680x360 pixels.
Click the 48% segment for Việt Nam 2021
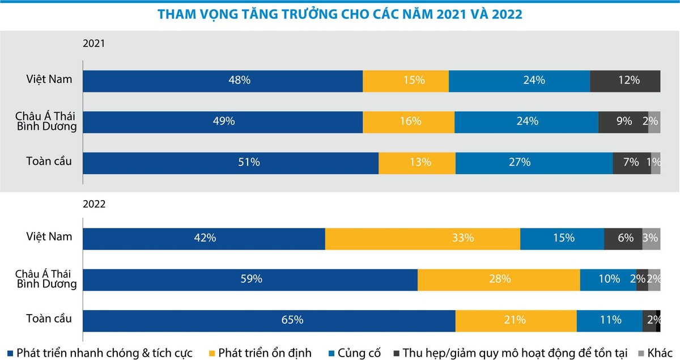223,81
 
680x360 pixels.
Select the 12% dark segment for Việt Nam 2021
625,81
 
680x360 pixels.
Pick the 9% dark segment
623,121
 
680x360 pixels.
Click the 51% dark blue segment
231,163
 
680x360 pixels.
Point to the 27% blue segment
534,163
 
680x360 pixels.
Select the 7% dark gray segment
631,163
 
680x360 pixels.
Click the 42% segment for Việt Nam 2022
204,238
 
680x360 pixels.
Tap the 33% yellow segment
423,238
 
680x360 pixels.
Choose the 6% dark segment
623,238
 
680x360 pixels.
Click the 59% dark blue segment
250,279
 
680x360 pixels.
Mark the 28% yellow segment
499,279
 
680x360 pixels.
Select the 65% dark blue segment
269,320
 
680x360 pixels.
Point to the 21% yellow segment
516,320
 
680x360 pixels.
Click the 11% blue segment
609,320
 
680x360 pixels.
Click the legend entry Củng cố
359,353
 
